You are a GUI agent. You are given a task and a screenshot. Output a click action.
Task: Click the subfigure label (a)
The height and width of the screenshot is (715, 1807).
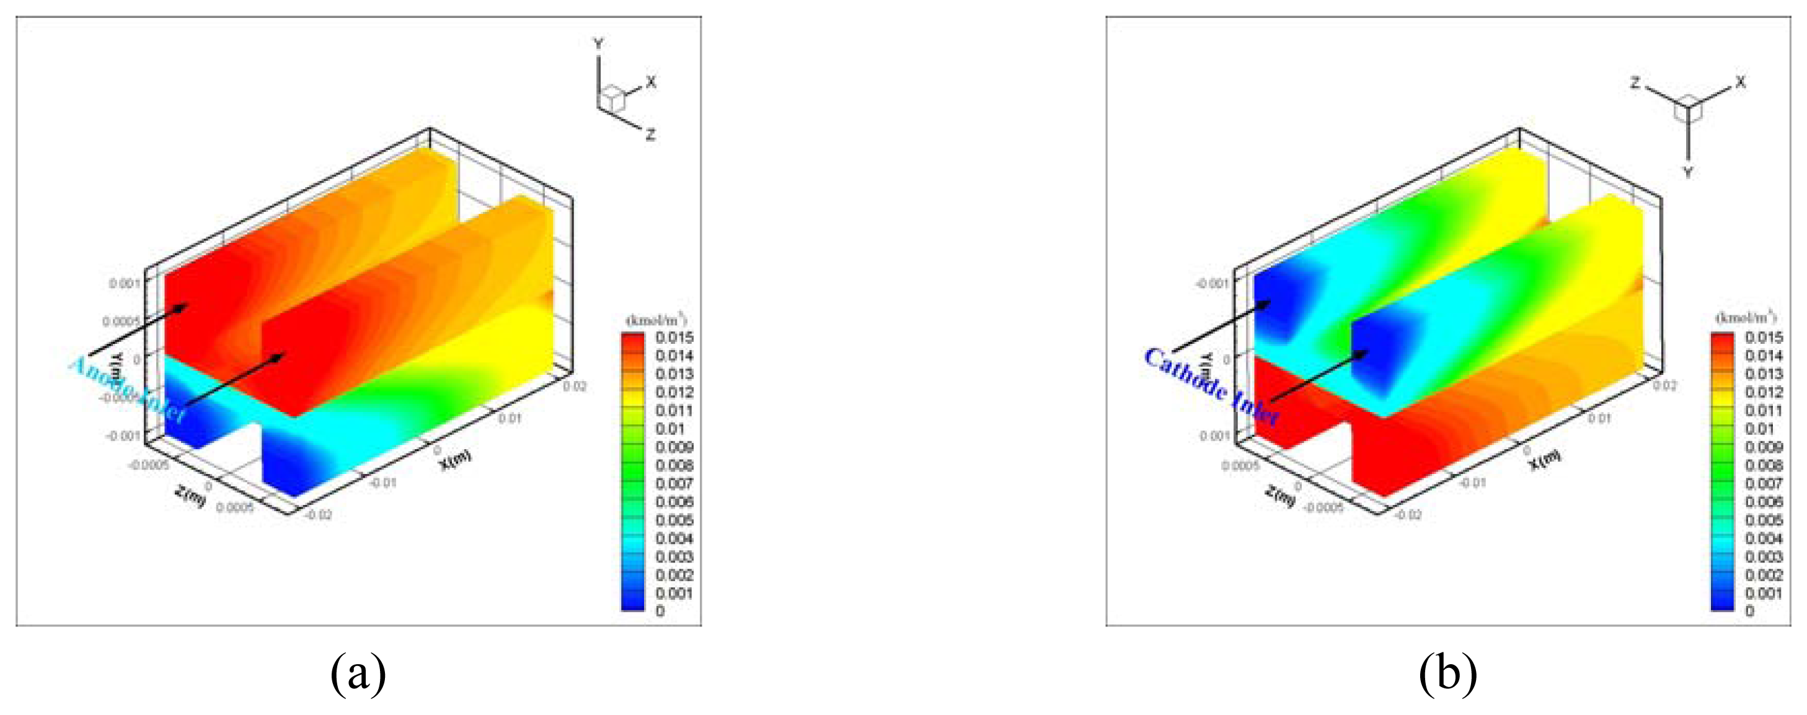click(x=358, y=673)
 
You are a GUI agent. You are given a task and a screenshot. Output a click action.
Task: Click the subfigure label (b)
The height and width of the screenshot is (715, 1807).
click(x=1448, y=673)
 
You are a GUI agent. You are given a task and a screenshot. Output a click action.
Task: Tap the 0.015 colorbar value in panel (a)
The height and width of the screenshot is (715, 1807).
click(x=674, y=338)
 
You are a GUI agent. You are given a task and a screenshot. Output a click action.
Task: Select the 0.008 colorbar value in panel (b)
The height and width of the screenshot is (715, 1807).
click(x=1764, y=465)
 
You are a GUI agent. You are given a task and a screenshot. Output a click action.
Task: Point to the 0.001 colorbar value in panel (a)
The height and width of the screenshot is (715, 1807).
click(x=674, y=594)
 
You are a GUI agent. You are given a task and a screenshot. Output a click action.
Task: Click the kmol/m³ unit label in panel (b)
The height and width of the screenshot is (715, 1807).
click(x=1745, y=318)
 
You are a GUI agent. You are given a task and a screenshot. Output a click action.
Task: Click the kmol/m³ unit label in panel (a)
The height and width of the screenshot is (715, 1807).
click(x=656, y=320)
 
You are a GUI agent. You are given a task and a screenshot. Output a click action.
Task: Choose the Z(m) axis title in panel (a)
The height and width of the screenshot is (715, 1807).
click(x=190, y=496)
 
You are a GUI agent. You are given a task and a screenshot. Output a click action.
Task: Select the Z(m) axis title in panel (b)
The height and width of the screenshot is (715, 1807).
click(x=1280, y=496)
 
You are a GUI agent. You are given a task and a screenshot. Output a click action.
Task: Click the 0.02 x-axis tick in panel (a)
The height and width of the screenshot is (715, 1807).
click(x=575, y=386)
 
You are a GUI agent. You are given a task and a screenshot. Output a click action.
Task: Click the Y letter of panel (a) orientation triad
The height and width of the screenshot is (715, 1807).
click(x=598, y=44)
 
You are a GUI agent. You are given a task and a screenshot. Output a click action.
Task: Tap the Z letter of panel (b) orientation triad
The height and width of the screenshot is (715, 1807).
click(x=1635, y=84)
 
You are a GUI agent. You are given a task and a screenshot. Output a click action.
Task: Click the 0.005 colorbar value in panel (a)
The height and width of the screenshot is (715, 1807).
click(x=674, y=520)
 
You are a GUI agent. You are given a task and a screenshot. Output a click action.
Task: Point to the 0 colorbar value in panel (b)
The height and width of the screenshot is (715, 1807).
click(x=1749, y=612)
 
